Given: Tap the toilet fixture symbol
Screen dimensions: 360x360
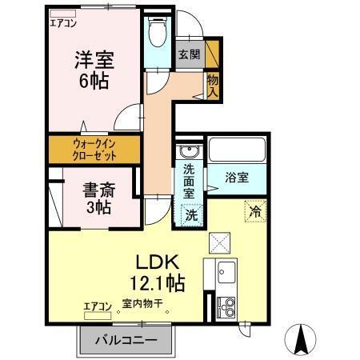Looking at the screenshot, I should tap(157, 34).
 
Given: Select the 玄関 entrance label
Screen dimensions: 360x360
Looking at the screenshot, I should tap(189, 54).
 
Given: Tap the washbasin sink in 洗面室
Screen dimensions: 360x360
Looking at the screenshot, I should tap(189, 152).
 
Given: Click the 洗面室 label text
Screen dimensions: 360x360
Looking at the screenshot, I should tap(189, 182).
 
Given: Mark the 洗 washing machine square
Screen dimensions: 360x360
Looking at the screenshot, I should tap(192, 214).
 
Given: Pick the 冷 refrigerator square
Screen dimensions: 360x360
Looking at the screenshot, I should tap(254, 212).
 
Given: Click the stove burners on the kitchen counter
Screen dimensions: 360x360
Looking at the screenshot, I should tap(225, 305).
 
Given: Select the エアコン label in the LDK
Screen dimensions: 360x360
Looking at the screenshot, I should tap(98, 305).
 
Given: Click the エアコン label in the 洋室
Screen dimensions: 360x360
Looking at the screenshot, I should tap(64, 23).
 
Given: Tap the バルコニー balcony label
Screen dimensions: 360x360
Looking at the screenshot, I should tap(126, 340).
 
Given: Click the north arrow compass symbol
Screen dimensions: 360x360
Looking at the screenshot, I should tap(302, 340).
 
